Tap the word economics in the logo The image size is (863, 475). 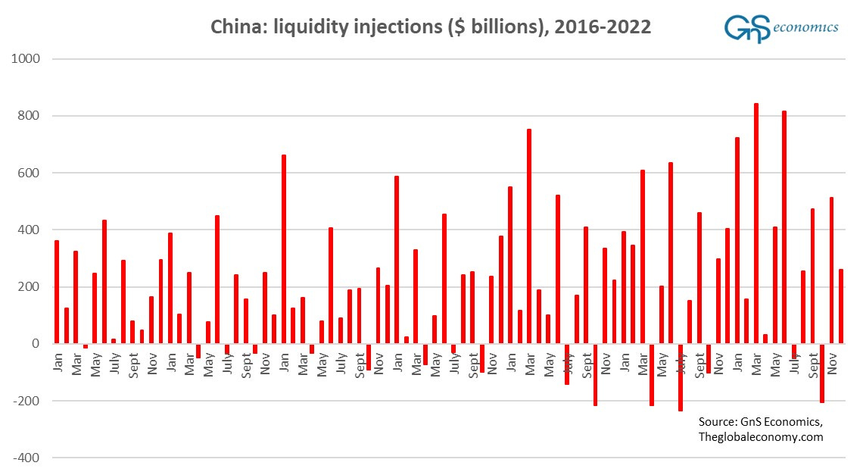tap(807, 27)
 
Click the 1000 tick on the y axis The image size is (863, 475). tap(26, 59)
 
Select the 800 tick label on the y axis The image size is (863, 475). tap(30, 116)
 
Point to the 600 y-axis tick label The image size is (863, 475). tap(30, 173)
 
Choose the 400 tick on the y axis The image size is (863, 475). tap(30, 230)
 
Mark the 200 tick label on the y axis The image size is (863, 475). tap(30, 287)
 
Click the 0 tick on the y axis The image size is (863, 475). tap(36, 344)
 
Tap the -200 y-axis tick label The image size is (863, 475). tap(27, 401)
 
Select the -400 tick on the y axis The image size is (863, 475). tap(27, 458)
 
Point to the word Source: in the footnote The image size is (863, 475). tap(719, 422)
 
